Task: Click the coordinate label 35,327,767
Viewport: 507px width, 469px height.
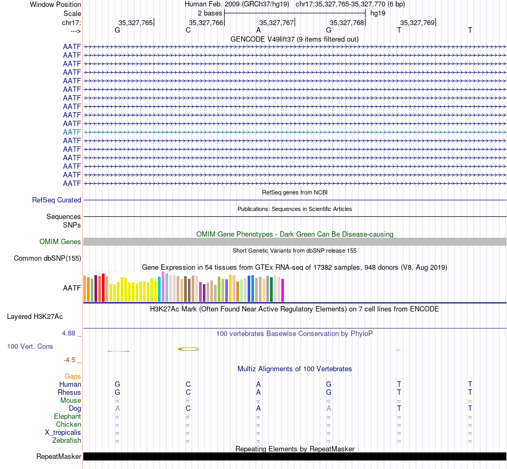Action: (x=276, y=22)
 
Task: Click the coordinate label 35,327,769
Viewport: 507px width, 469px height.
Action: (x=417, y=22)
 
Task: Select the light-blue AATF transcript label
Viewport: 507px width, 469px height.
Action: (x=72, y=132)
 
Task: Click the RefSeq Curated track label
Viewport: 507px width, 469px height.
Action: (x=57, y=200)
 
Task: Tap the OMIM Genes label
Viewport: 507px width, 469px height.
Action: (x=60, y=242)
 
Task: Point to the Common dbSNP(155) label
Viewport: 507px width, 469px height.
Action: (x=47, y=259)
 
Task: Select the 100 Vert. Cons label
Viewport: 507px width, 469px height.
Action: (x=30, y=347)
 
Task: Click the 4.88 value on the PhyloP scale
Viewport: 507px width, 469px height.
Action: (x=71, y=333)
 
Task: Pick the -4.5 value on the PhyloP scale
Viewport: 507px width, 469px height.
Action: (x=72, y=360)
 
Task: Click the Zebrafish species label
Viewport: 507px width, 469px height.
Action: (x=67, y=441)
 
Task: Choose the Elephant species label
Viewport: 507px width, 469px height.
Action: (x=67, y=417)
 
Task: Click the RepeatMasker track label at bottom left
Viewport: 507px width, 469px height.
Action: (x=59, y=457)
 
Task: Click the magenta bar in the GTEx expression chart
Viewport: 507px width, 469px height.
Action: (x=283, y=291)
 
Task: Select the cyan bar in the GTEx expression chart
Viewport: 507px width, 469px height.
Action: (x=160, y=289)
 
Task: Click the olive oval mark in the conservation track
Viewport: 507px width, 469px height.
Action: (x=188, y=349)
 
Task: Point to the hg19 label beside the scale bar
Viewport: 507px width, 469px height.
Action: (x=378, y=13)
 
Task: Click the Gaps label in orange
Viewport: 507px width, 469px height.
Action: (x=73, y=377)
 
